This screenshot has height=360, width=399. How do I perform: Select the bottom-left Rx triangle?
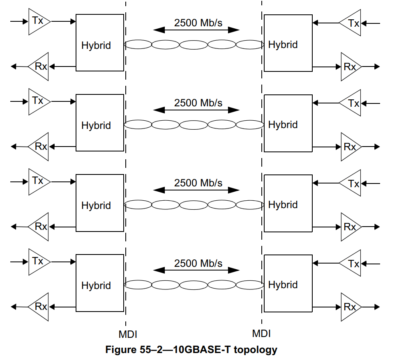click(x=39, y=306)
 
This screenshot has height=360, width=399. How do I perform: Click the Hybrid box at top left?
click(x=99, y=43)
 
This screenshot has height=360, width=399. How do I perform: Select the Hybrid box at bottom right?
click(x=287, y=284)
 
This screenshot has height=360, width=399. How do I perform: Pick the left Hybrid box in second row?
click(x=99, y=123)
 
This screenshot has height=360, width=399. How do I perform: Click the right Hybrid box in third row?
click(x=287, y=203)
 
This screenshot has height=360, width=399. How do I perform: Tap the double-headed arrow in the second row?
click(x=196, y=110)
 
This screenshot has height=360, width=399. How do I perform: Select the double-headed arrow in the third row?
click(x=196, y=190)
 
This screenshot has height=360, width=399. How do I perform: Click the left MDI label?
click(x=127, y=334)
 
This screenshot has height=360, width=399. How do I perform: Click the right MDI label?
click(x=261, y=333)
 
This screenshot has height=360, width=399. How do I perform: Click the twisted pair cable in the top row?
click(x=194, y=45)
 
